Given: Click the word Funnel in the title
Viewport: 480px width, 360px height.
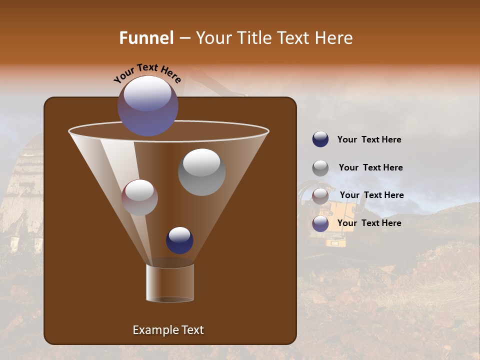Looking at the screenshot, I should pos(146,38).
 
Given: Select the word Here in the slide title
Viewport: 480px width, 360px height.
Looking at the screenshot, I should pos(334,38).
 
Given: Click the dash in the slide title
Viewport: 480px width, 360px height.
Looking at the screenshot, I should pos(184,38).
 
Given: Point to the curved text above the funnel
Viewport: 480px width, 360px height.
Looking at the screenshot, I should pos(147,73).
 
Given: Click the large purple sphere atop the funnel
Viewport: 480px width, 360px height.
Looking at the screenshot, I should pos(148,105).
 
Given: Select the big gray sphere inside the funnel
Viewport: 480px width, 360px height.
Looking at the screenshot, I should pos(202,172).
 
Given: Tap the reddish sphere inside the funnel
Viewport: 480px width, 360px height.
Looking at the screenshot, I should pos(139,197).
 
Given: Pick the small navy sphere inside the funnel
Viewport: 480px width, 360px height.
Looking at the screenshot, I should pos(179,240).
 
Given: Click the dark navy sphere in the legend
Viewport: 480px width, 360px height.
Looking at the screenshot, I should pos(320,139).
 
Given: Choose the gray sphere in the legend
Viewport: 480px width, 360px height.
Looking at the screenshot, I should pos(320,168).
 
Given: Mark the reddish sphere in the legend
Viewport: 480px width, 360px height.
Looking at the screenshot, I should pos(320,196).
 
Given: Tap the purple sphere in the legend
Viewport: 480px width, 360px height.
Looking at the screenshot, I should pos(320,223).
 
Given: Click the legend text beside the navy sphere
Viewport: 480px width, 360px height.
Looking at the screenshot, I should pos(369,139).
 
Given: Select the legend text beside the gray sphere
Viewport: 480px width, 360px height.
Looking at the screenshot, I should pos(370,167).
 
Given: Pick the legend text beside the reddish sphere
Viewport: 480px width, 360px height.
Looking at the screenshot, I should pos(371,195).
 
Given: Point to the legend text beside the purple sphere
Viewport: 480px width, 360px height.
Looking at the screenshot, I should pos(369,223).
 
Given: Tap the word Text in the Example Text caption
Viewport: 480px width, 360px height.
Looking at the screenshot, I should pos(192,330).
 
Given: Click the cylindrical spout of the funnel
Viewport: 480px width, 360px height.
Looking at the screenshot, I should pos(170,283).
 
